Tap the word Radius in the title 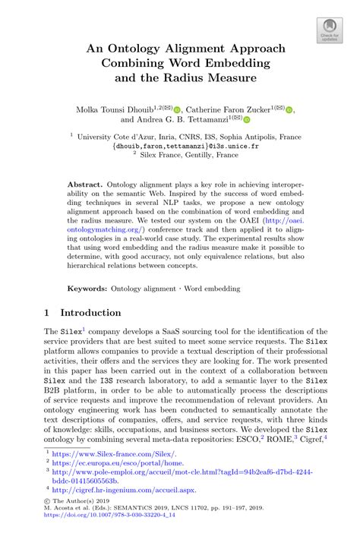click(211, 77)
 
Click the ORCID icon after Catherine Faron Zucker click(289, 109)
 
